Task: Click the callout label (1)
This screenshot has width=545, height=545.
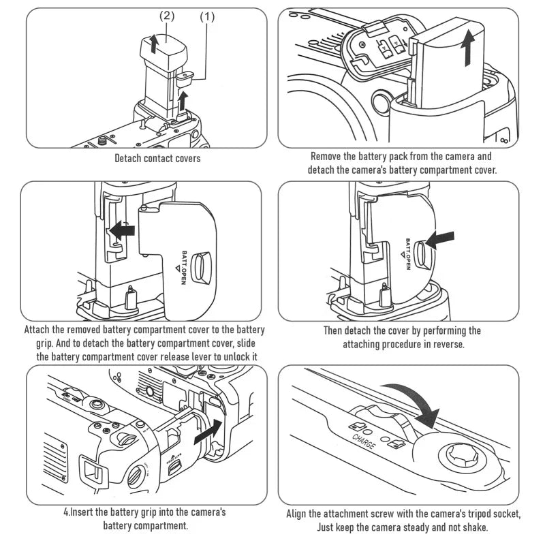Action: [207, 16]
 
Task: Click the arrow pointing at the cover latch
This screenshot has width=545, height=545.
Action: [438, 240]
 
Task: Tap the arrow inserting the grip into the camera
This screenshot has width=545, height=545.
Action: [208, 432]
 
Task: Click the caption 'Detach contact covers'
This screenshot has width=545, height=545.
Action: [157, 159]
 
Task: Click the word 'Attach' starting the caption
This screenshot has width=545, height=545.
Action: [40, 330]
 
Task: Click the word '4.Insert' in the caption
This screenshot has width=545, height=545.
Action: [79, 512]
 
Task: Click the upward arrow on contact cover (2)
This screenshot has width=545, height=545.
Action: [155, 44]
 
